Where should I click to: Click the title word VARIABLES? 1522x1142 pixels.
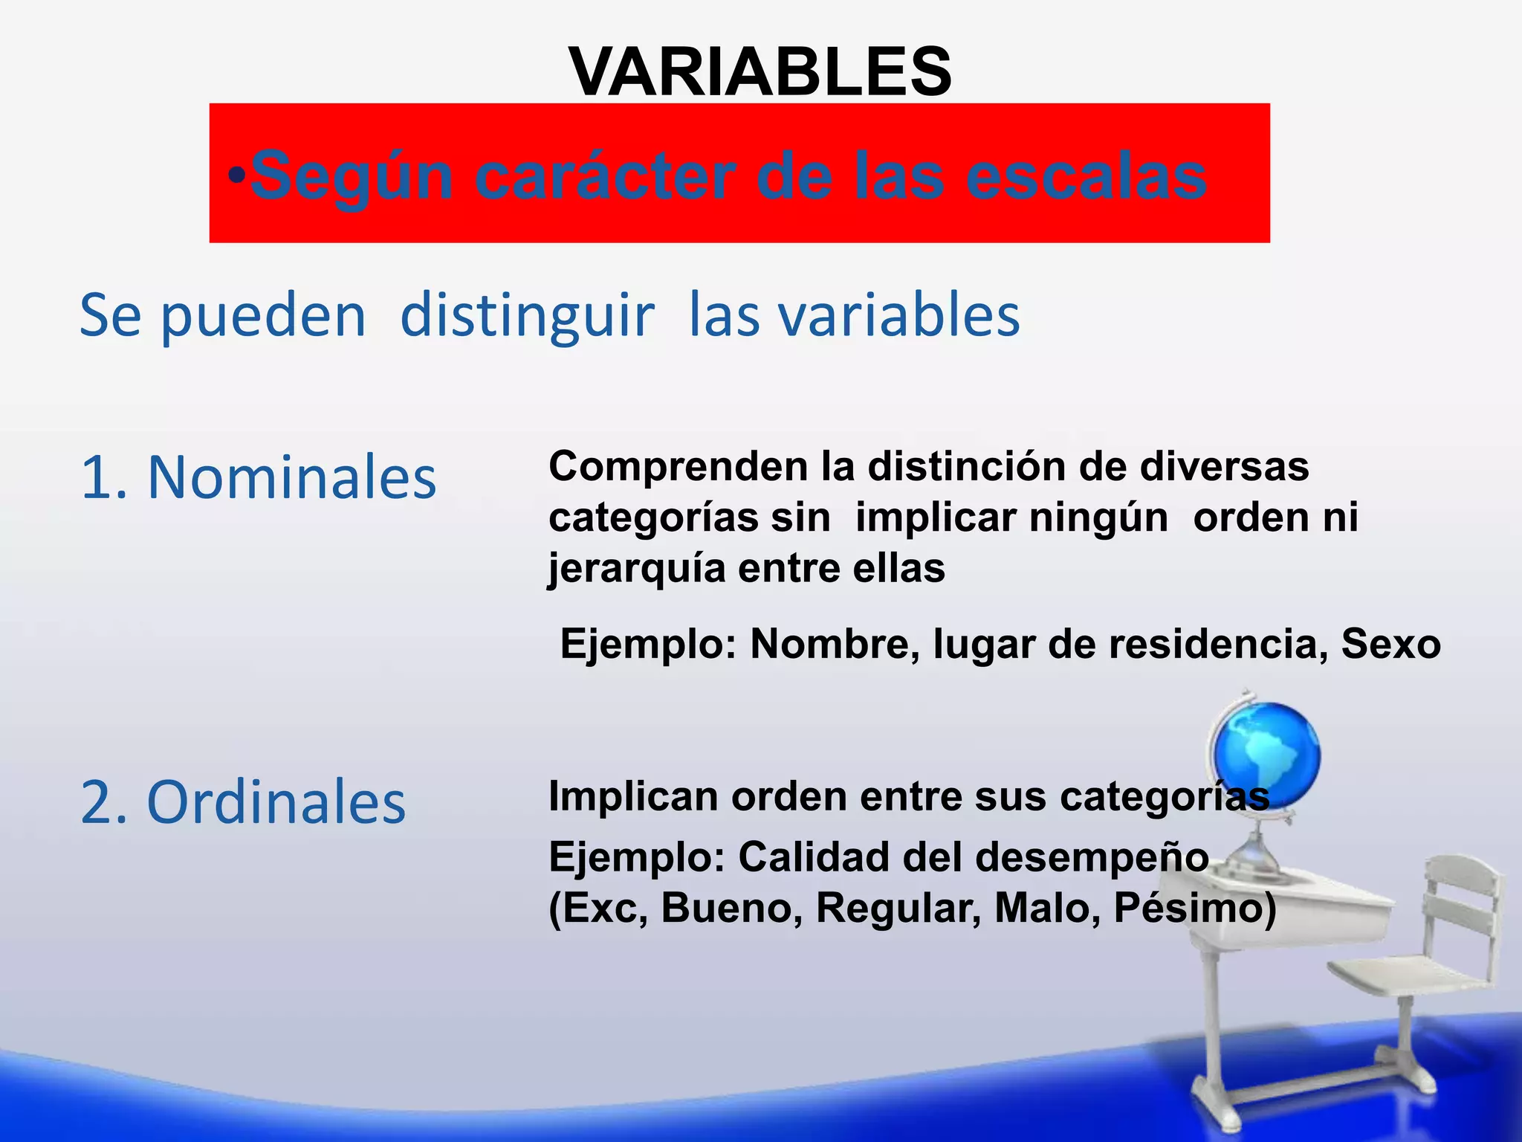point(760,72)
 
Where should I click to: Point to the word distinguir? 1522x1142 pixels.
point(527,315)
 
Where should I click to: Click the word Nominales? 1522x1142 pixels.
point(291,477)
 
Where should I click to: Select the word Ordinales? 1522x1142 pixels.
point(276,802)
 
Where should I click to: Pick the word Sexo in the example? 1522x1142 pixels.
point(1390,644)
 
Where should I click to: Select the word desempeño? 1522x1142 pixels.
point(1092,857)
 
